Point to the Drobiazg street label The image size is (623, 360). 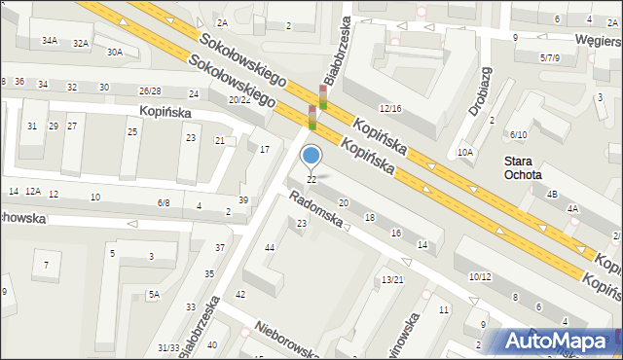pyautogui.click(x=478, y=92)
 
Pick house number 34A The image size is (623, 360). pyautogui.click(x=50, y=41)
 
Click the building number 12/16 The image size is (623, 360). pyautogui.click(x=389, y=108)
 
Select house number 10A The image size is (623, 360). pyautogui.click(x=465, y=152)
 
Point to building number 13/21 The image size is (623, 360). pyautogui.click(x=391, y=279)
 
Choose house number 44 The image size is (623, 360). pyautogui.click(x=270, y=248)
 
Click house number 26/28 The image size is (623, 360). pyautogui.click(x=150, y=90)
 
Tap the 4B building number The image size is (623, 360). pyautogui.click(x=552, y=195)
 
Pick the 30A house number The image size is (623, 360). pyautogui.click(x=115, y=52)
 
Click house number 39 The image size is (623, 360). pyautogui.click(x=243, y=199)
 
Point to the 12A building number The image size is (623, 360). pyautogui.click(x=33, y=192)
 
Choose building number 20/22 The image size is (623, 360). pyautogui.click(x=239, y=100)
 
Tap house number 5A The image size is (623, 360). pyautogui.click(x=153, y=294)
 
